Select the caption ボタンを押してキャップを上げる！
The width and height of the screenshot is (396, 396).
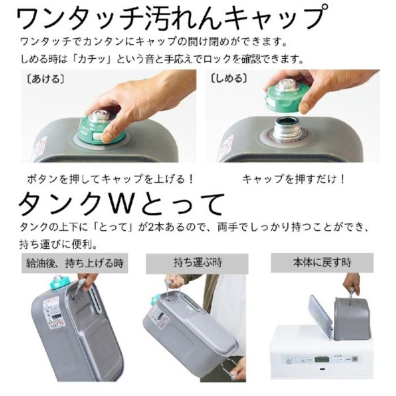tap(111, 179)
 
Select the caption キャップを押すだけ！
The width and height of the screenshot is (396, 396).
tap(294, 179)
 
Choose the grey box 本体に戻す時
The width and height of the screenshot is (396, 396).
tap(322, 263)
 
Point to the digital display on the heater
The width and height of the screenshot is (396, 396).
tap(324, 360)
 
